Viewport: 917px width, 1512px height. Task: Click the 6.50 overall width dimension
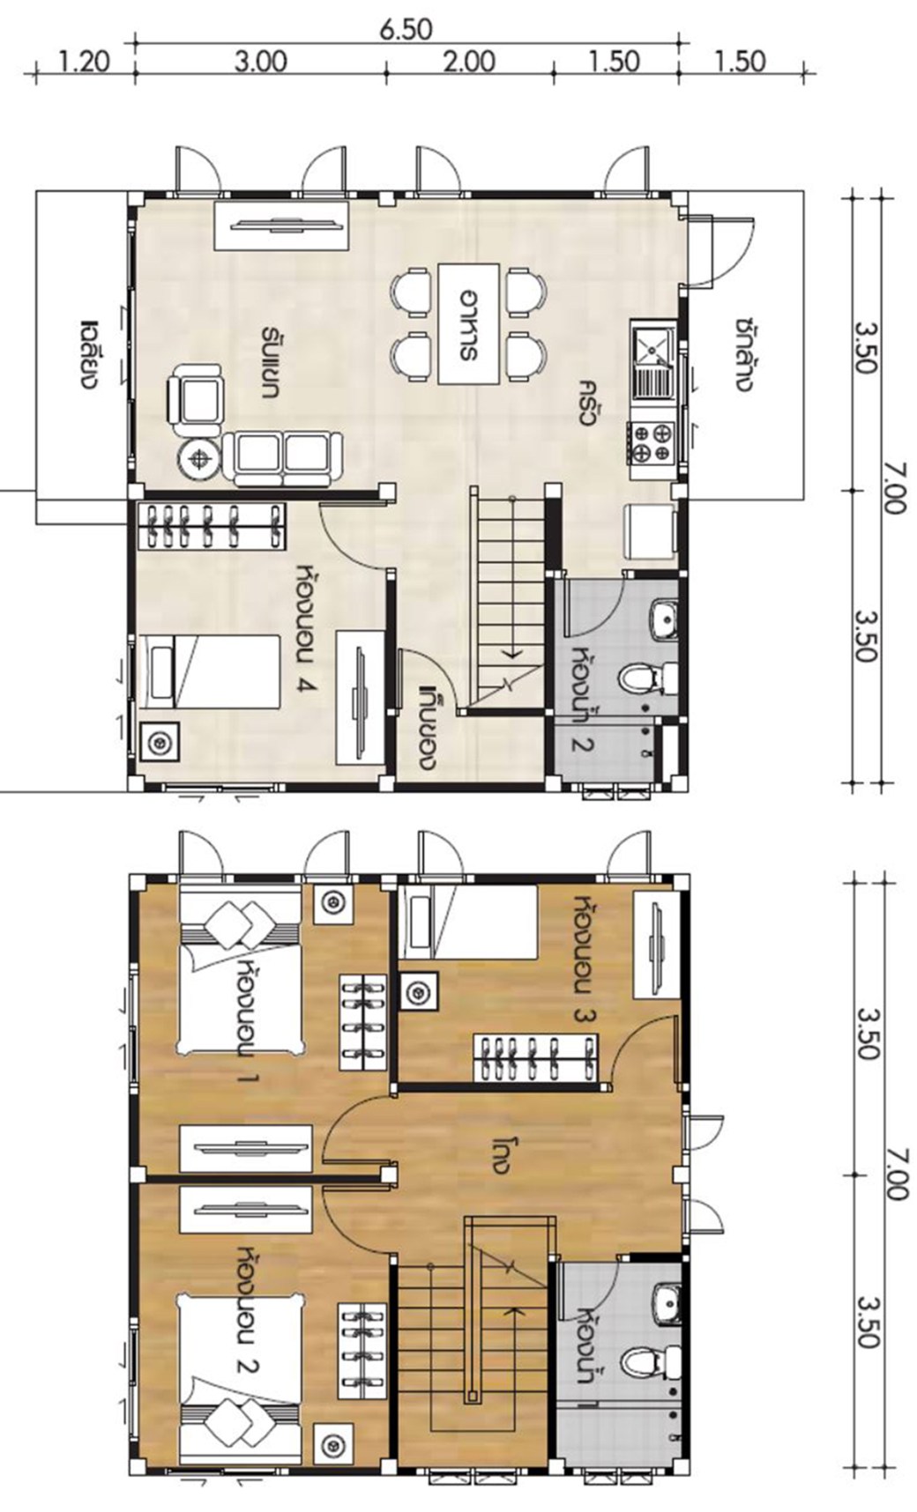tap(406, 29)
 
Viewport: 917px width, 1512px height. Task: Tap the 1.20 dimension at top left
tap(83, 63)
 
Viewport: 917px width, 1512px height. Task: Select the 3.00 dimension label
tap(261, 63)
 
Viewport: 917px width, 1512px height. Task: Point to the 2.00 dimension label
tap(469, 63)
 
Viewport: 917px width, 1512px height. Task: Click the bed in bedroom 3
tap(468, 922)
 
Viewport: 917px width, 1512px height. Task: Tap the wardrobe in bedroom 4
tap(212, 527)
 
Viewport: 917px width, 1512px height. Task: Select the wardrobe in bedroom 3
tap(535, 1056)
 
